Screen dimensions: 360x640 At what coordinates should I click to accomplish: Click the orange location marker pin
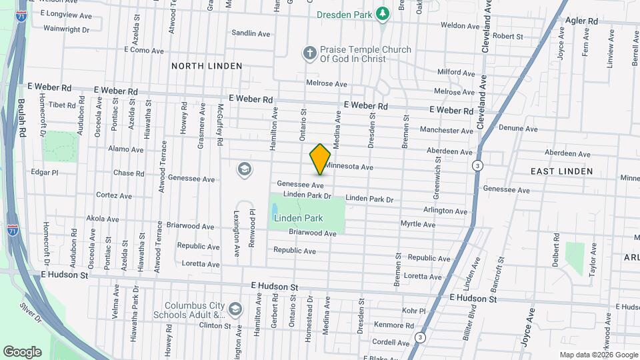(x=321, y=159)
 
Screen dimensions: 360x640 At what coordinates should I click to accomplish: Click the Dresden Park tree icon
(x=382, y=13)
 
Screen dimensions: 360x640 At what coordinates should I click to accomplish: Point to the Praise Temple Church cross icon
(x=309, y=53)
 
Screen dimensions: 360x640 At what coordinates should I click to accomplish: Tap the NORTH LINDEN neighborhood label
(x=201, y=65)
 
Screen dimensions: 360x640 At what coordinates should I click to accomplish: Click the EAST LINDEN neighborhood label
(x=561, y=171)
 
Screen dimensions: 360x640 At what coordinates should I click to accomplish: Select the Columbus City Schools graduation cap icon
(x=235, y=309)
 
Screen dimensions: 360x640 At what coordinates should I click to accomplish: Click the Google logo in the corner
(x=22, y=352)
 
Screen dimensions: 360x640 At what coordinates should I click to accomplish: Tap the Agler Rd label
(x=582, y=21)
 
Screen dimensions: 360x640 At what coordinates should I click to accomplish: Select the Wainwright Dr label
(x=66, y=29)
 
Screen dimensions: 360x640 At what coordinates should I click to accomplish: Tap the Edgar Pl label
(x=45, y=172)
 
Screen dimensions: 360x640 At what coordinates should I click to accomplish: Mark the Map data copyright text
(x=598, y=355)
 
